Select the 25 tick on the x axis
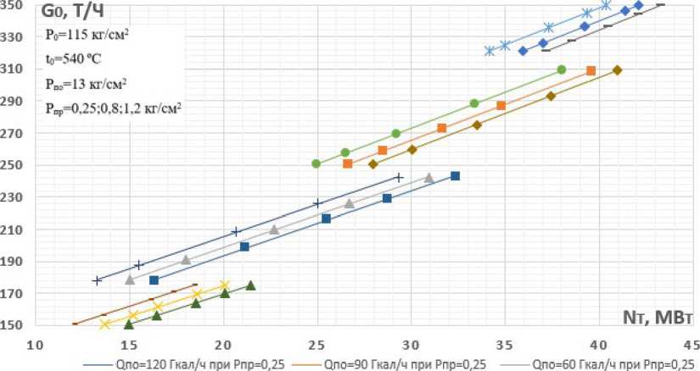pos(317,344)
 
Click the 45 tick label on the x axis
pos(692,344)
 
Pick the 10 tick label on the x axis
pos(35,344)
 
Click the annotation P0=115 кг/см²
pos(87,36)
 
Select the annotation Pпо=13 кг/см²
pos(87,84)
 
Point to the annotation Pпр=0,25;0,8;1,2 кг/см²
pos(114,108)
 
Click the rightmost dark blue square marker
pos(455,176)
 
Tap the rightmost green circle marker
pos(562,69)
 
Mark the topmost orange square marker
pos(591,71)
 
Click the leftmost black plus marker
pos(98,280)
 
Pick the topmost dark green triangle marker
pos(250,285)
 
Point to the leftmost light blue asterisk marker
pos(490,51)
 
